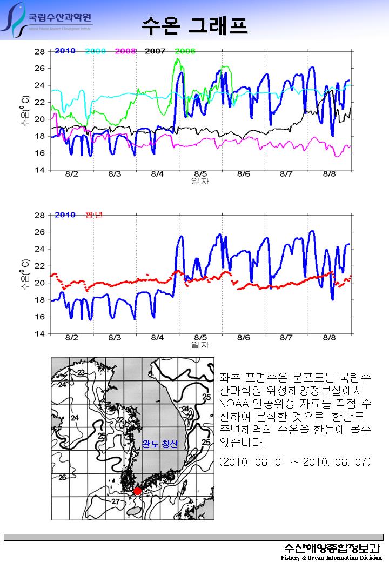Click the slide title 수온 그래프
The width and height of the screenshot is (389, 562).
pyautogui.click(x=194, y=24)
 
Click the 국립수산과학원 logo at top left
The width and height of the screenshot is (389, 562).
pyautogui.click(x=49, y=20)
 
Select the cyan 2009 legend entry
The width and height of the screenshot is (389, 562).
pyautogui.click(x=95, y=51)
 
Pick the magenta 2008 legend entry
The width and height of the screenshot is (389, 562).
pyautogui.click(x=125, y=51)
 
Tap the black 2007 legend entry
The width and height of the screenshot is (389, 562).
pyautogui.click(x=155, y=51)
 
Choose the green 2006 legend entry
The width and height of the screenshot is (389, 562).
pyautogui.click(x=185, y=51)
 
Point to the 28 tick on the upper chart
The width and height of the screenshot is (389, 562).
pyautogui.click(x=39, y=52)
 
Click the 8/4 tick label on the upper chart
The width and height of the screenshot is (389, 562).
pyautogui.click(x=157, y=174)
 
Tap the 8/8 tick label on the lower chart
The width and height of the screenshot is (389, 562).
pyautogui.click(x=329, y=337)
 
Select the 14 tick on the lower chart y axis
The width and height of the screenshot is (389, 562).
pyautogui.click(x=39, y=333)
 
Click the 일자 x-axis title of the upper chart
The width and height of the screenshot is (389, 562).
pyautogui.click(x=200, y=181)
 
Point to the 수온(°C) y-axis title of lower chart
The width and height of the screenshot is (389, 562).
pyautogui.click(x=25, y=274)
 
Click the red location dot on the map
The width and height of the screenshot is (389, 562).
pyautogui.click(x=137, y=491)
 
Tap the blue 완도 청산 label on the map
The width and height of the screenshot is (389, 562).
pyautogui.click(x=160, y=444)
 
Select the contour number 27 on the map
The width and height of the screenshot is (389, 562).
pyautogui.click(x=115, y=501)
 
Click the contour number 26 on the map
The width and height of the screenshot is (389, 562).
pyautogui.click(x=63, y=478)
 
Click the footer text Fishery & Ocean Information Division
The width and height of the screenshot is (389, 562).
pyautogui.click(x=331, y=557)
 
